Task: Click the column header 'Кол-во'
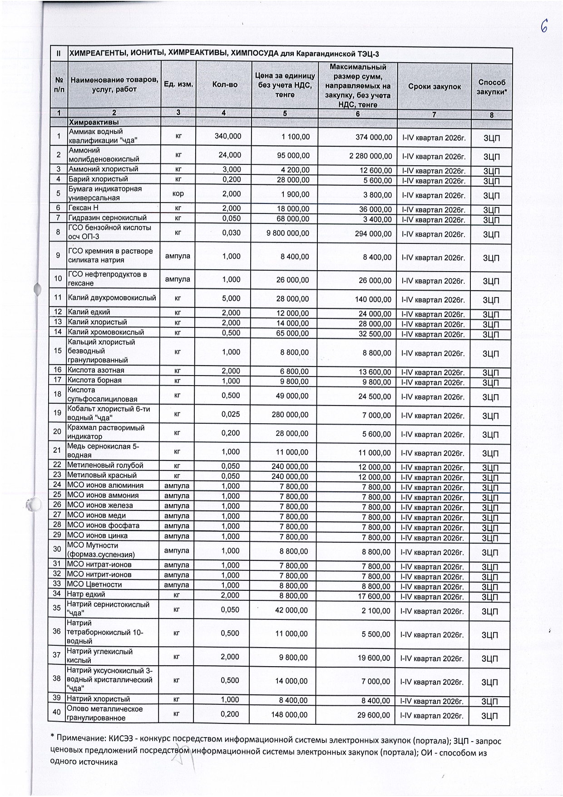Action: (x=225, y=85)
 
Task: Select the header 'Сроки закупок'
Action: (x=434, y=87)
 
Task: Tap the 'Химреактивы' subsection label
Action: (x=94, y=122)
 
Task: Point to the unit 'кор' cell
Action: (x=178, y=193)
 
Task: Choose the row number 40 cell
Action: (x=57, y=712)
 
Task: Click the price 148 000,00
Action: (x=290, y=714)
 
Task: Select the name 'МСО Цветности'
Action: (x=94, y=584)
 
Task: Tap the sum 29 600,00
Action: (x=373, y=715)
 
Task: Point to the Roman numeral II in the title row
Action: (x=58, y=54)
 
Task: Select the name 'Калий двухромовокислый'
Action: (x=112, y=298)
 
